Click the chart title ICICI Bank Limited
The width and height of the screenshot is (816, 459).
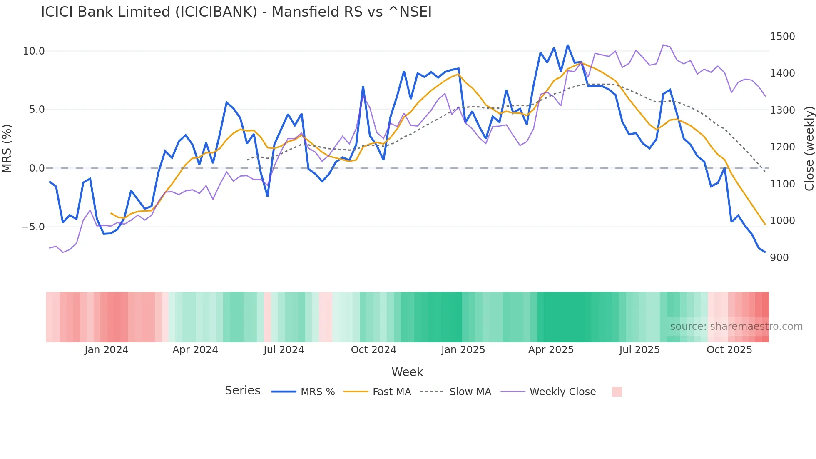(236, 12)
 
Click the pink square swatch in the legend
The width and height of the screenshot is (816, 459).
(617, 392)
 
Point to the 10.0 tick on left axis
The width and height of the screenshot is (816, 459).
(34, 51)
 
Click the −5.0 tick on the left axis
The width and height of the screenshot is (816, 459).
(33, 227)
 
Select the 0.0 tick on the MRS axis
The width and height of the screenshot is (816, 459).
(37, 168)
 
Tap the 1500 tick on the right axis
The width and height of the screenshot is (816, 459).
(782, 37)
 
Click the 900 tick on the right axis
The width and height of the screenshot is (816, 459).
(779, 258)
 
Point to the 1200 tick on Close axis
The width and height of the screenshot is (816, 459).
(782, 147)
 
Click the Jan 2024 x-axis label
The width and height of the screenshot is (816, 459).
(106, 350)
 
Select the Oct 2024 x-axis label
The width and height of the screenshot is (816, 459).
(373, 350)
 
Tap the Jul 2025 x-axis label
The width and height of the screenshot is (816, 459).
(639, 350)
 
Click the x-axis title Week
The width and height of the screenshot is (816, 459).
(407, 372)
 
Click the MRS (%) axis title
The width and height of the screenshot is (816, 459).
(7, 149)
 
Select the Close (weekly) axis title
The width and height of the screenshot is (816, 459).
(809, 149)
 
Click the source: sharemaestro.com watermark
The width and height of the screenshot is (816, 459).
(736, 327)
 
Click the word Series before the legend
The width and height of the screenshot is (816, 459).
(242, 391)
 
